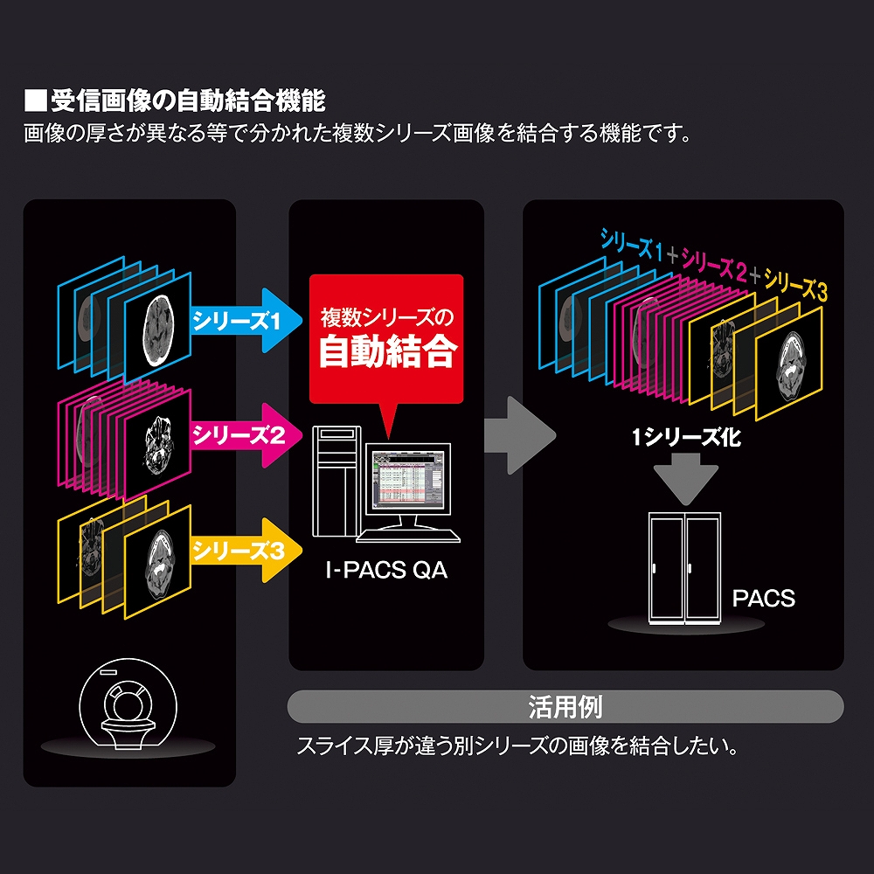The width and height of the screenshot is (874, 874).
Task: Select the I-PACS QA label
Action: (385, 572)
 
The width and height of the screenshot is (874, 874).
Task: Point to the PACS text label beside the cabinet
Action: (763, 600)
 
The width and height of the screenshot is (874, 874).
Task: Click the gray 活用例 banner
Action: (565, 706)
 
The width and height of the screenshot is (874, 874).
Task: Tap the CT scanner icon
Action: (129, 709)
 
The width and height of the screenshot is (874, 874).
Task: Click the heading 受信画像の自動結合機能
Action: (187, 101)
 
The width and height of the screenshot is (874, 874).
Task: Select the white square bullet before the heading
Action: (34, 101)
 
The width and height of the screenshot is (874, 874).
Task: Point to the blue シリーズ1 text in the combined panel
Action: (630, 244)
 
